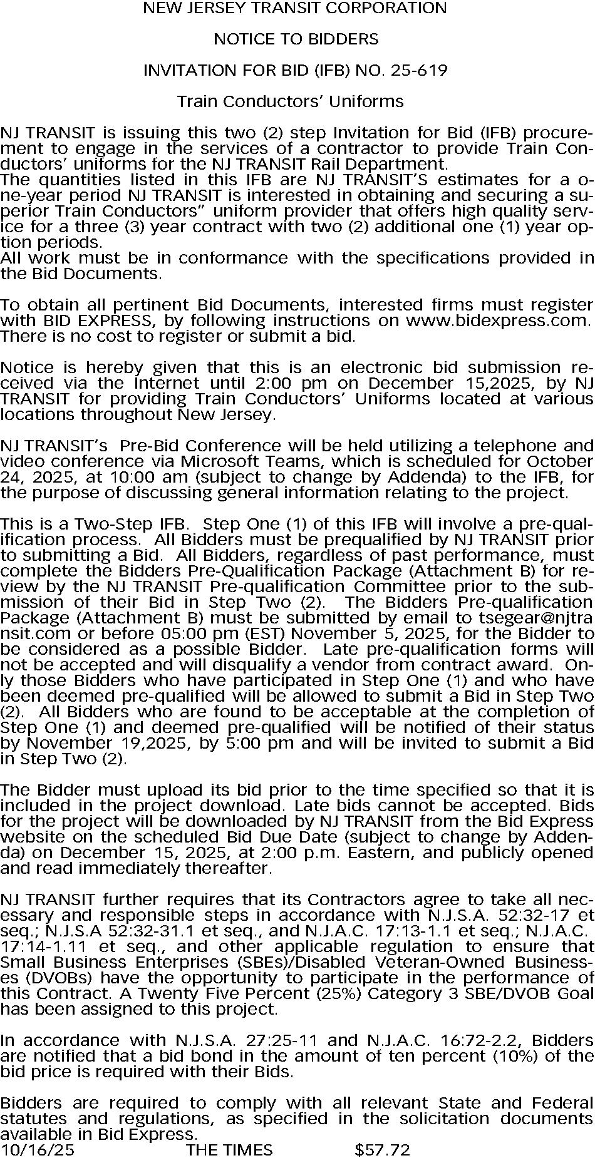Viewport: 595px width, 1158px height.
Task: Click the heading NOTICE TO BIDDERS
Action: click(296, 39)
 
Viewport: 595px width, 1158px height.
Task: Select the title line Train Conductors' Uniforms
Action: click(291, 101)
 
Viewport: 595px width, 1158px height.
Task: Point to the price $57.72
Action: click(382, 1149)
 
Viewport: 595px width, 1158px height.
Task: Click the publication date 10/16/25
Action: click(37, 1149)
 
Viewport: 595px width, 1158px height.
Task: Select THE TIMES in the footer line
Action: click(229, 1149)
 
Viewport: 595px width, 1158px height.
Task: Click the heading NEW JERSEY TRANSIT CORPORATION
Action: click(295, 8)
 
